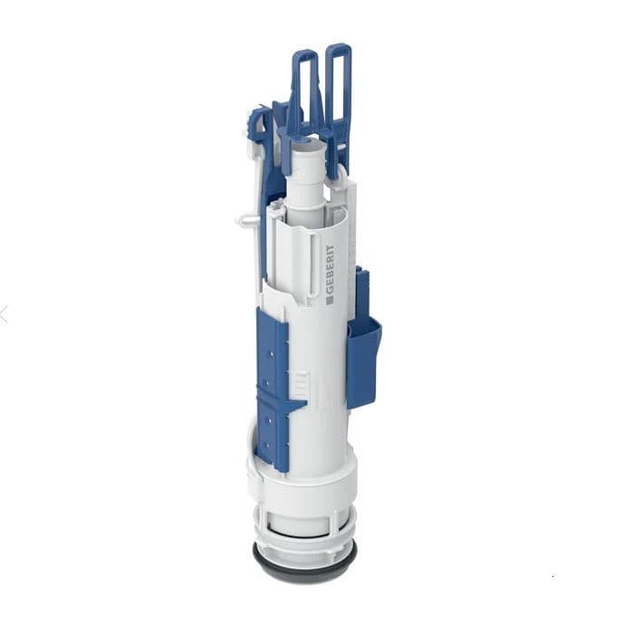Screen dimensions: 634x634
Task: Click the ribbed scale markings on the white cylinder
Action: pos(308,385)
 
